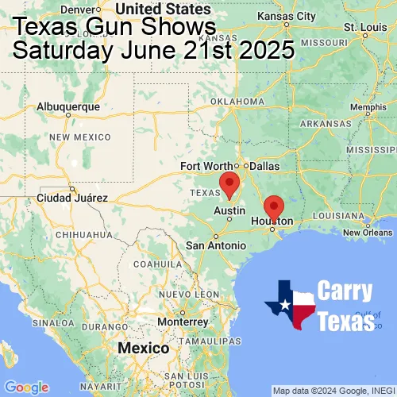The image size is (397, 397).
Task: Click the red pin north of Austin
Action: (229, 183)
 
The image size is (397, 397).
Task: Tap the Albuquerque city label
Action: (69, 106)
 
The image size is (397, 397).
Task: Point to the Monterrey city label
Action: (182, 322)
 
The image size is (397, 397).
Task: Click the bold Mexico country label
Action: (143, 349)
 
